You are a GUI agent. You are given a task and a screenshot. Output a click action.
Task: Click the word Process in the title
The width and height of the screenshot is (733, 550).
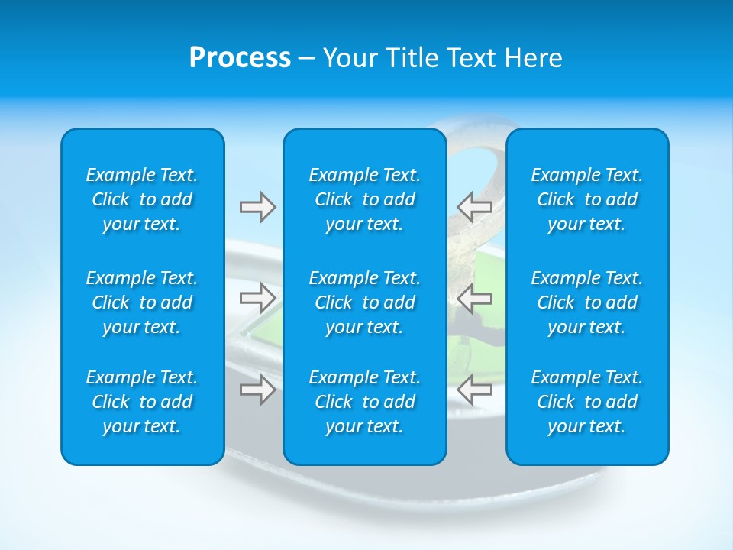pyautogui.click(x=240, y=58)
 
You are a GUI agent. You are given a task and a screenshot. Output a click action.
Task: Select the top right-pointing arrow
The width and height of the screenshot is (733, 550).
pyautogui.click(x=257, y=207)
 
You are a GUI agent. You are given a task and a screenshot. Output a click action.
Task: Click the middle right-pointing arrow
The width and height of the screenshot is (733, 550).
pyautogui.click(x=257, y=298)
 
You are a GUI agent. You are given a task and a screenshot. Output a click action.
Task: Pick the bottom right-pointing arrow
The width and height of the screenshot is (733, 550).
pyautogui.click(x=257, y=389)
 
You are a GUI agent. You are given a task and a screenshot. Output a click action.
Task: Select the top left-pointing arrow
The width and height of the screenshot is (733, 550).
pyautogui.click(x=474, y=207)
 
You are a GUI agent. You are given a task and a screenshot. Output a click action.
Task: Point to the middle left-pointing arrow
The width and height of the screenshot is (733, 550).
pyautogui.click(x=474, y=298)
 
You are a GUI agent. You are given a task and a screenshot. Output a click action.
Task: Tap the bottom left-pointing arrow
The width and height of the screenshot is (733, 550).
pyautogui.click(x=474, y=389)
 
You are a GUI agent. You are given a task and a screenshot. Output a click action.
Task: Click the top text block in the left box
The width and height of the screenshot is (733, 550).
pyautogui.click(x=142, y=199)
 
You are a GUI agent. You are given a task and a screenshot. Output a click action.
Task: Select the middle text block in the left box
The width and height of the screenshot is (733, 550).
pyautogui.click(x=142, y=302)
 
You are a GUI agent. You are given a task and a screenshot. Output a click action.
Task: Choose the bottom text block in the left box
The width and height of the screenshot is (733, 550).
pyautogui.click(x=142, y=402)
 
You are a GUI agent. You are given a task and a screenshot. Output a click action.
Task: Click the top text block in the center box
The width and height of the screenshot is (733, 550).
pyautogui.click(x=364, y=199)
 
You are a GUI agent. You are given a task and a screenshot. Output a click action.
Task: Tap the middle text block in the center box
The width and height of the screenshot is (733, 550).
pyautogui.click(x=364, y=302)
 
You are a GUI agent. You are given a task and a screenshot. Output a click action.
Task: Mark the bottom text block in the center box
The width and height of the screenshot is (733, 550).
pyautogui.click(x=364, y=402)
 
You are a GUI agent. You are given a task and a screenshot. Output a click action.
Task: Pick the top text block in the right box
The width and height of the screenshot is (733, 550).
pyautogui.click(x=586, y=199)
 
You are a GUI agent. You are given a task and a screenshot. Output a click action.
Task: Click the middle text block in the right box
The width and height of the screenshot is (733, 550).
pyautogui.click(x=586, y=302)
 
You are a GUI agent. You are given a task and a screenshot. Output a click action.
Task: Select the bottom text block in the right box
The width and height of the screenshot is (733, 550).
pyautogui.click(x=586, y=402)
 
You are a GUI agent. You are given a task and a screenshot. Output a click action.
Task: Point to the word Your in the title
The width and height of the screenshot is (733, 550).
pyautogui.click(x=348, y=58)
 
